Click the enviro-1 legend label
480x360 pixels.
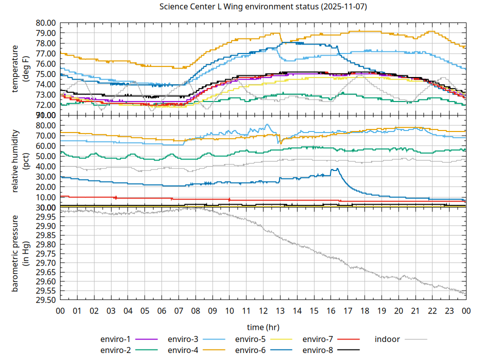(116, 339)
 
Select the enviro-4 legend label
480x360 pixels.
(183, 350)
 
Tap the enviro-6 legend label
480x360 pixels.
(250, 350)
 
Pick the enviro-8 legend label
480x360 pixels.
(318, 350)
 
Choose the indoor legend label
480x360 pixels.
(387, 339)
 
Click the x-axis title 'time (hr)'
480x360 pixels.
(263, 327)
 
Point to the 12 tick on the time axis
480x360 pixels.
(263, 310)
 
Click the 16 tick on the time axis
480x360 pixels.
(330, 310)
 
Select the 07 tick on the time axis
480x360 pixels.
(178, 310)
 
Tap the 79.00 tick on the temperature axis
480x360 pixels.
(45, 33)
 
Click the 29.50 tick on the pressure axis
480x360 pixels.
(45, 300)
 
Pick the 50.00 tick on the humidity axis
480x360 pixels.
(45, 156)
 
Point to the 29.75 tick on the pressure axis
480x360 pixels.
(45, 253)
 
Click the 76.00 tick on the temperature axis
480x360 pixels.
(45, 64)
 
